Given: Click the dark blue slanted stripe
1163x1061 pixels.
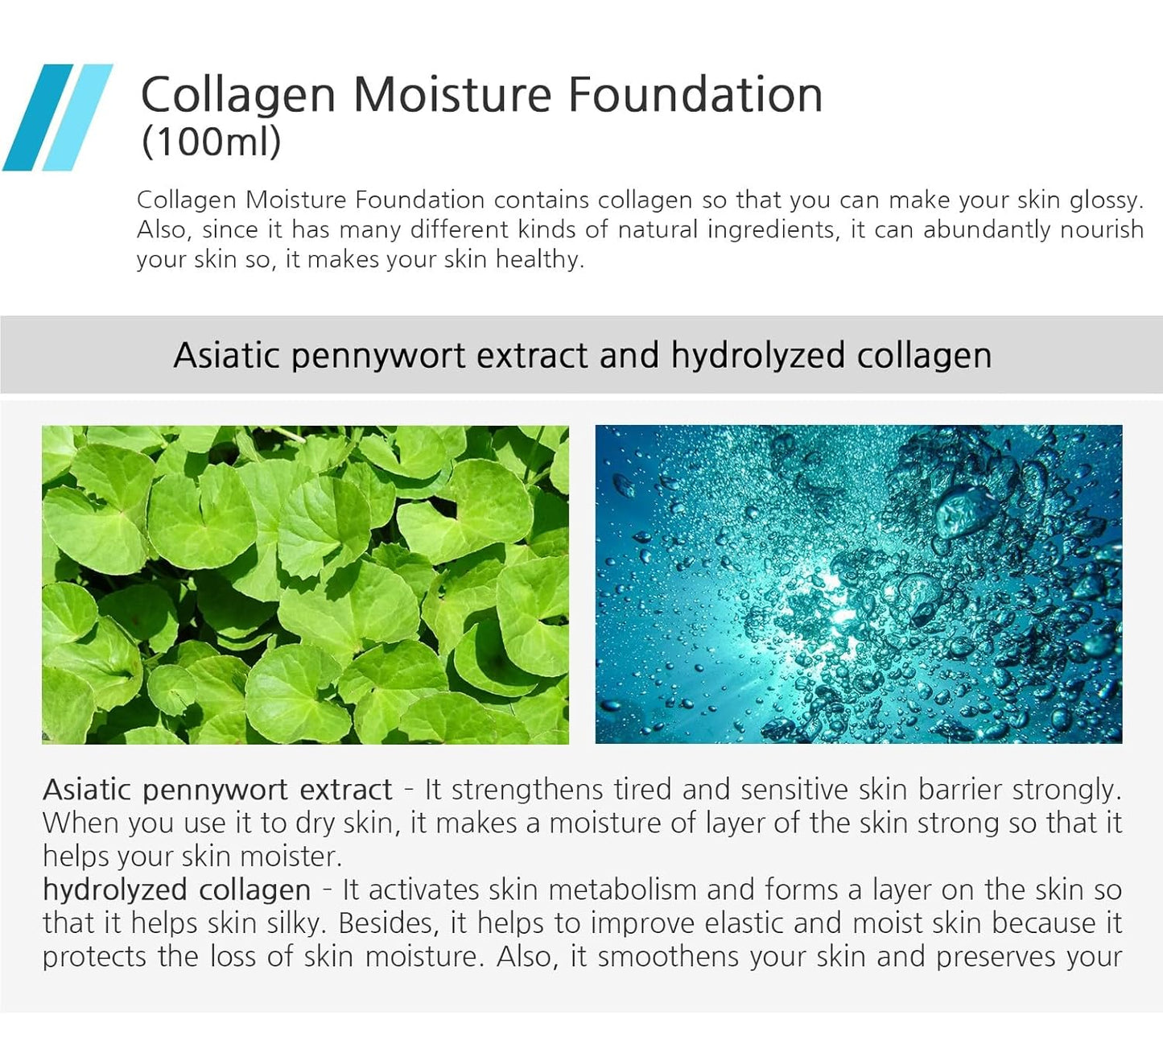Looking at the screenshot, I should click(x=37, y=118).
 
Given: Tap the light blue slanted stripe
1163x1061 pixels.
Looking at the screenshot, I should click(x=77, y=118).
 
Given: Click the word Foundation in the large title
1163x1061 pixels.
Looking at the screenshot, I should click(x=695, y=94).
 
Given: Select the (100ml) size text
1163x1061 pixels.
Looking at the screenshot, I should click(x=211, y=142).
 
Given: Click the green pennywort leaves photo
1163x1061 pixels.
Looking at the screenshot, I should click(x=305, y=584).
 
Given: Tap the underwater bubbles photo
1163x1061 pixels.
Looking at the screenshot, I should click(x=858, y=584).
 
